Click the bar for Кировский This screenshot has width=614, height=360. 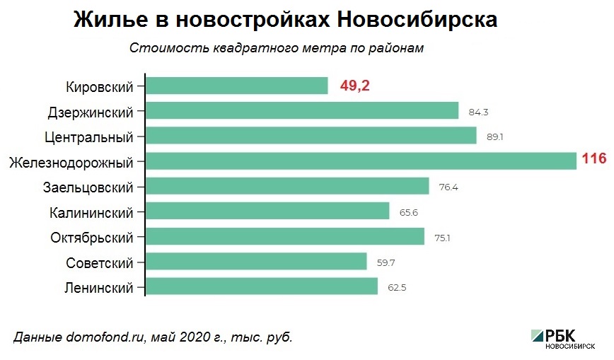(x=236, y=86)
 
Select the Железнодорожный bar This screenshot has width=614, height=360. (x=361, y=161)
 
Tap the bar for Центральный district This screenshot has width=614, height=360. (x=311, y=136)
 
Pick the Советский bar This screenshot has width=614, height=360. (x=256, y=262)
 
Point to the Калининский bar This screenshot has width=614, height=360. (x=267, y=211)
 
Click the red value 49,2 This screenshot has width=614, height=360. (x=355, y=86)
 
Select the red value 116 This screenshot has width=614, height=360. (x=594, y=159)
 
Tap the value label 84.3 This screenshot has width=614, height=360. (x=478, y=112)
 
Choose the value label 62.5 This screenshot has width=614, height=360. (x=398, y=288)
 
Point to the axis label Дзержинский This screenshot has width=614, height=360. (x=91, y=112)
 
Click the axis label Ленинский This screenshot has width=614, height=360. (x=99, y=288)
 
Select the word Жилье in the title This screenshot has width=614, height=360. (x=105, y=19)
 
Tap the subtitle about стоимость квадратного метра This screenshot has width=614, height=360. (x=277, y=49)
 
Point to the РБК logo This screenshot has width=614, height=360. (x=562, y=338)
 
